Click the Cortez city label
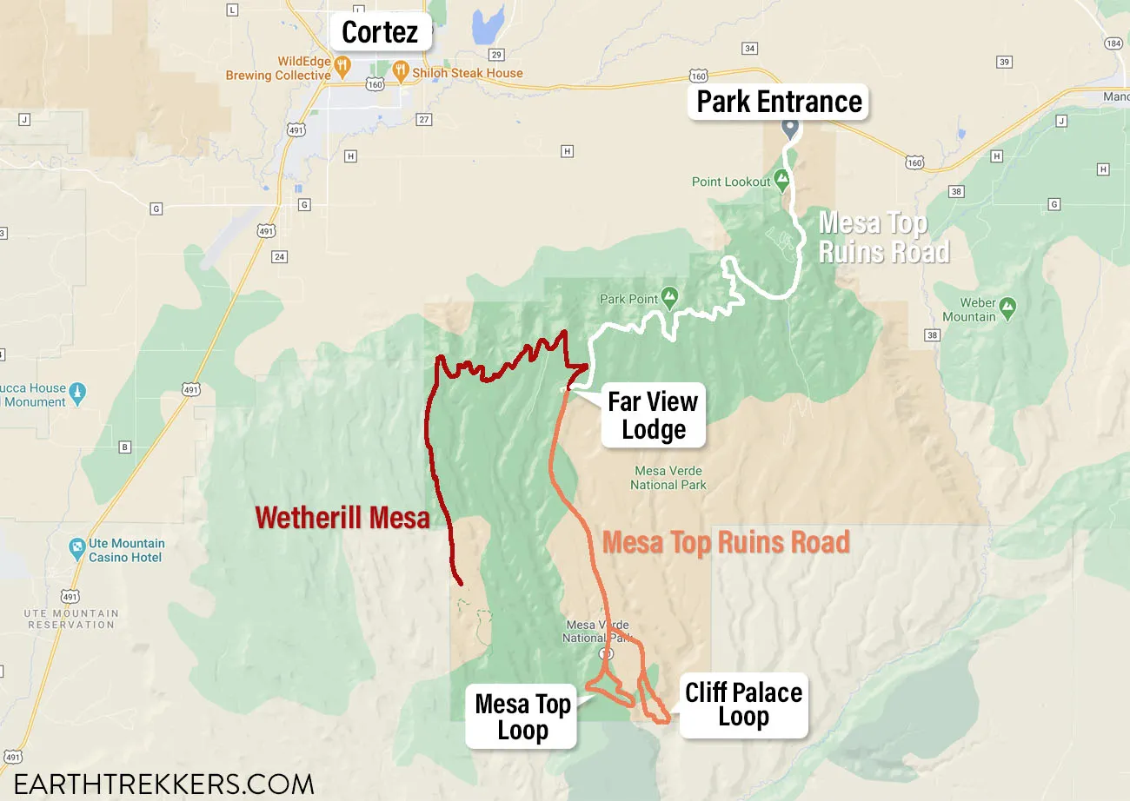(380, 32)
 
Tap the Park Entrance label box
(779, 102)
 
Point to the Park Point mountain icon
(669, 299)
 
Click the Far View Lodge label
(653, 416)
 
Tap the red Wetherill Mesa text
(342, 519)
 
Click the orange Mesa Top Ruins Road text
(726, 542)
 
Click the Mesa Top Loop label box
(522, 717)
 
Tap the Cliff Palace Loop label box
(743, 705)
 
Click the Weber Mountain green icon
(1007, 306)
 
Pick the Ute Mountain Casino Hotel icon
(77, 547)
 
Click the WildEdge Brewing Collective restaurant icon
(342, 64)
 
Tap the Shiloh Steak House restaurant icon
(401, 71)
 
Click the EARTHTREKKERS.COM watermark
(163, 784)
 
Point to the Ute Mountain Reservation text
(71, 619)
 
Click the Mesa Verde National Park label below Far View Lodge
(668, 478)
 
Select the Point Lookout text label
(731, 182)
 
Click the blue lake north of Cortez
(487, 23)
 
